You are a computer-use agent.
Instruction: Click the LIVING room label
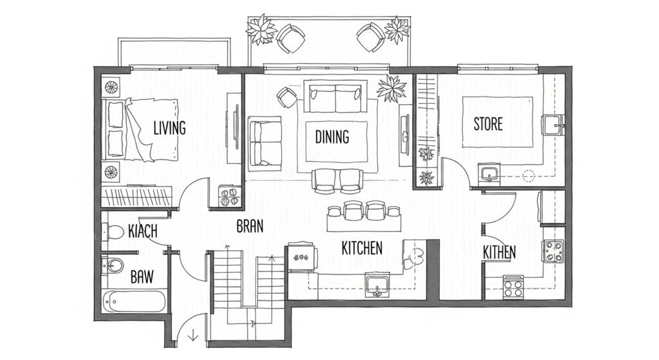click(x=169, y=128)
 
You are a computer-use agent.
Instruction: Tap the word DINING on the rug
click(x=332, y=137)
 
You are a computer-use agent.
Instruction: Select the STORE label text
click(x=488, y=124)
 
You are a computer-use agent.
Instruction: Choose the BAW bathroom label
click(x=142, y=278)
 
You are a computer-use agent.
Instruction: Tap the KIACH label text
click(x=143, y=231)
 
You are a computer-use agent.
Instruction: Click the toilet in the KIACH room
click(x=114, y=231)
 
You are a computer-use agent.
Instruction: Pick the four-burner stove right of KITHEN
click(x=553, y=251)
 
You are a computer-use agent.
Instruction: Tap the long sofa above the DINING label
click(x=335, y=98)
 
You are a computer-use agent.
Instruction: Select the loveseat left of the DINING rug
click(x=264, y=142)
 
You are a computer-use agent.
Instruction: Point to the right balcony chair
click(x=371, y=36)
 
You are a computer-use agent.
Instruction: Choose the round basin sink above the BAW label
click(x=113, y=265)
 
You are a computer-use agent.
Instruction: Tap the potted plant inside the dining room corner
click(x=391, y=88)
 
